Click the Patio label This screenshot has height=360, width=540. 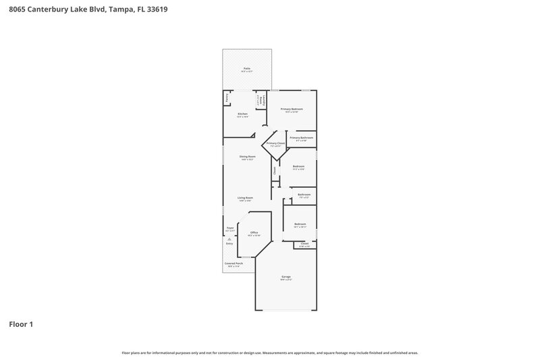pyautogui.click(x=247, y=69)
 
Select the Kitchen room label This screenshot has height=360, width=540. pyautogui.click(x=243, y=115)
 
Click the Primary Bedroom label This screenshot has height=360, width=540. pyautogui.click(x=292, y=109)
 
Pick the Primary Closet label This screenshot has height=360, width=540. pyautogui.click(x=276, y=144)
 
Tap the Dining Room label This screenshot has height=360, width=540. pyautogui.click(x=247, y=157)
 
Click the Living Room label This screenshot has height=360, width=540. pyautogui.click(x=244, y=199)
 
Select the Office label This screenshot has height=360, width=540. pyautogui.click(x=254, y=233)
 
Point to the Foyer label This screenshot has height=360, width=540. pyautogui.click(x=230, y=228)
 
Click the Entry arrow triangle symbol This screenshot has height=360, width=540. pyautogui.click(x=230, y=238)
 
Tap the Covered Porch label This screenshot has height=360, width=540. pyautogui.click(x=234, y=264)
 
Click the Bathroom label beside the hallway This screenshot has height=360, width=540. pyautogui.click(x=304, y=195)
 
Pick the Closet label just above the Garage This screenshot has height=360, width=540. pyautogui.click(x=304, y=244)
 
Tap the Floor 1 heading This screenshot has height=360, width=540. pyautogui.click(x=21, y=324)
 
